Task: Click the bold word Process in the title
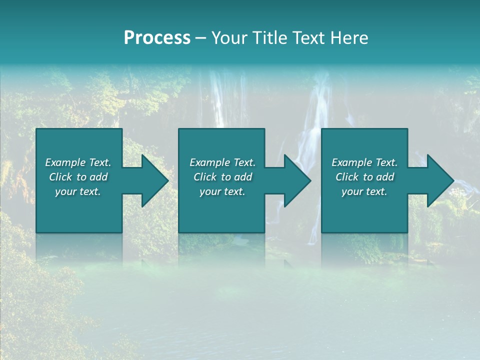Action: pos(157,38)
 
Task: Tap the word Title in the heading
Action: pos(268,38)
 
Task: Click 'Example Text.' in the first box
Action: pos(78,162)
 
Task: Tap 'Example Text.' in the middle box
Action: pos(222,162)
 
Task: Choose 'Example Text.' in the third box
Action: pos(364,162)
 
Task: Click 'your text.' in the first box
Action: pos(78,191)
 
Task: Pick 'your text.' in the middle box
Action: pos(222,191)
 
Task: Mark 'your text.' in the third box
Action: pos(364,191)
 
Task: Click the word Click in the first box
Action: pos(60,177)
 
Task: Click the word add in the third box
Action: pos(385,177)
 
